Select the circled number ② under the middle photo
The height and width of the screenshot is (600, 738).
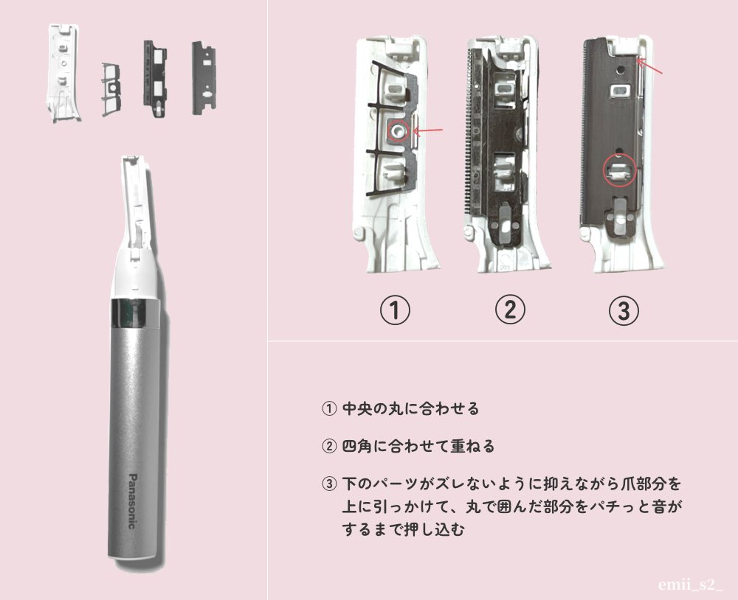[509, 311]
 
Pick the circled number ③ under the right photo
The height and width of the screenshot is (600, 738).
[623, 311]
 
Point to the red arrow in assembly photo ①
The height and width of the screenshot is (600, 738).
[430, 131]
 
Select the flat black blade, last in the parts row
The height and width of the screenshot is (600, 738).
[202, 77]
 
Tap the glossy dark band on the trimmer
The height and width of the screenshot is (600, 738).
[134, 313]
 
